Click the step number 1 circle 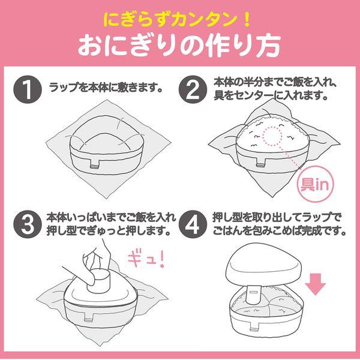[x=26, y=88]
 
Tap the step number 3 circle [x=26, y=224]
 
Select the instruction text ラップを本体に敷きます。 [x=106, y=88]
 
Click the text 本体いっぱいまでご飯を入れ [x=108, y=217]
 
